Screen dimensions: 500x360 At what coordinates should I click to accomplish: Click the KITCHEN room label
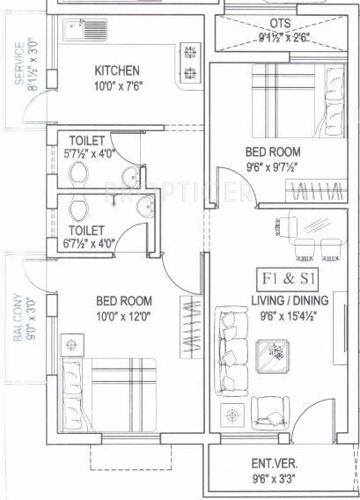click(117, 71)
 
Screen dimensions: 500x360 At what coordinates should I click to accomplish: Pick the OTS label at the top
click(281, 23)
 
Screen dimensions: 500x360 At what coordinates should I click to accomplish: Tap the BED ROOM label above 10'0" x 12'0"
click(123, 300)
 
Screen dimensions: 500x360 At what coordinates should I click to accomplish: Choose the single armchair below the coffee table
click(269, 409)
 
